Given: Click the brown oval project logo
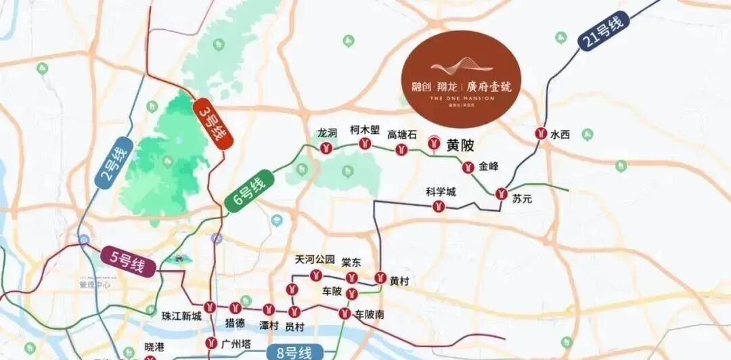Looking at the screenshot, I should pyautogui.click(x=461, y=79).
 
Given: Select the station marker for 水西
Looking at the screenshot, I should pyautogui.click(x=541, y=134).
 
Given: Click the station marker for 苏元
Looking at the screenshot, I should pyautogui.click(x=501, y=194).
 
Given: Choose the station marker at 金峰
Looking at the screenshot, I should pyautogui.click(x=467, y=167).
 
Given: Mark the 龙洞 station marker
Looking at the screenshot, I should pyautogui.click(x=326, y=148).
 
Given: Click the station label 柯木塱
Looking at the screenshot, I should pyautogui.click(x=365, y=129).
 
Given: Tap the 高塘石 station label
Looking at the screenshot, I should pyautogui.click(x=402, y=135).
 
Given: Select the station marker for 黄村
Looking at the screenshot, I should pyautogui.click(x=380, y=277).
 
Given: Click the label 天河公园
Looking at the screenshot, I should pyautogui.click(x=315, y=259).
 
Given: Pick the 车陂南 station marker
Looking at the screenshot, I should pyautogui.click(x=344, y=313).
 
